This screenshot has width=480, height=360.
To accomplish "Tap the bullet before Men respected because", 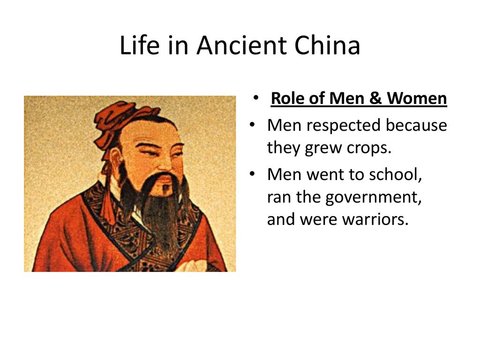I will (252, 126).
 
